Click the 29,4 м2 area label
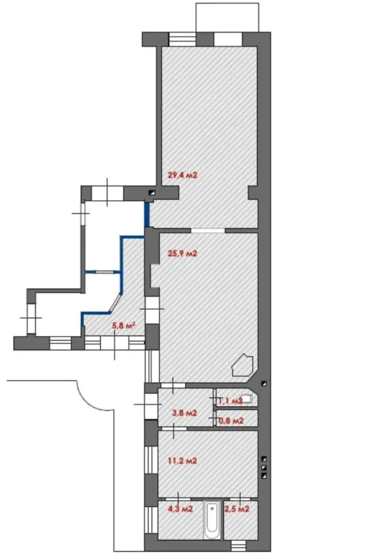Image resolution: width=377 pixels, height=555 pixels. [183, 176]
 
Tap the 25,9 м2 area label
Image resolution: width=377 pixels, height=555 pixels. [183, 254]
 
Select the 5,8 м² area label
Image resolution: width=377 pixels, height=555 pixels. [124, 326]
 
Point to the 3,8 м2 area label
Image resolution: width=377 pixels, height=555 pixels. [184, 413]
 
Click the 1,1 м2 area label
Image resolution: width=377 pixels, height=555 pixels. [230, 401]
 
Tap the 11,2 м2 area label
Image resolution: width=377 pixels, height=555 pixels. [183, 461]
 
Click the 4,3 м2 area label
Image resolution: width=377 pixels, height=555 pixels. [180, 509]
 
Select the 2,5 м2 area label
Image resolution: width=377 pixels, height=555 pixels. [237, 509]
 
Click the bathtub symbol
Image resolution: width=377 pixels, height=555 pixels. [212, 519]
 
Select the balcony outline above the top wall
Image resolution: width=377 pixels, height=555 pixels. [227, 17]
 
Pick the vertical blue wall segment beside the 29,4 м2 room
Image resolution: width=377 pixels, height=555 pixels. [147, 215]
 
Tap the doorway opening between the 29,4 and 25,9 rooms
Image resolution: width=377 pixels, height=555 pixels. [208, 230]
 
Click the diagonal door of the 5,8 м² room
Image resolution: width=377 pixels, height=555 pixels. [115, 302]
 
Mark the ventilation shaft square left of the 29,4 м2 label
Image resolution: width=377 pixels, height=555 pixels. [152, 193]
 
